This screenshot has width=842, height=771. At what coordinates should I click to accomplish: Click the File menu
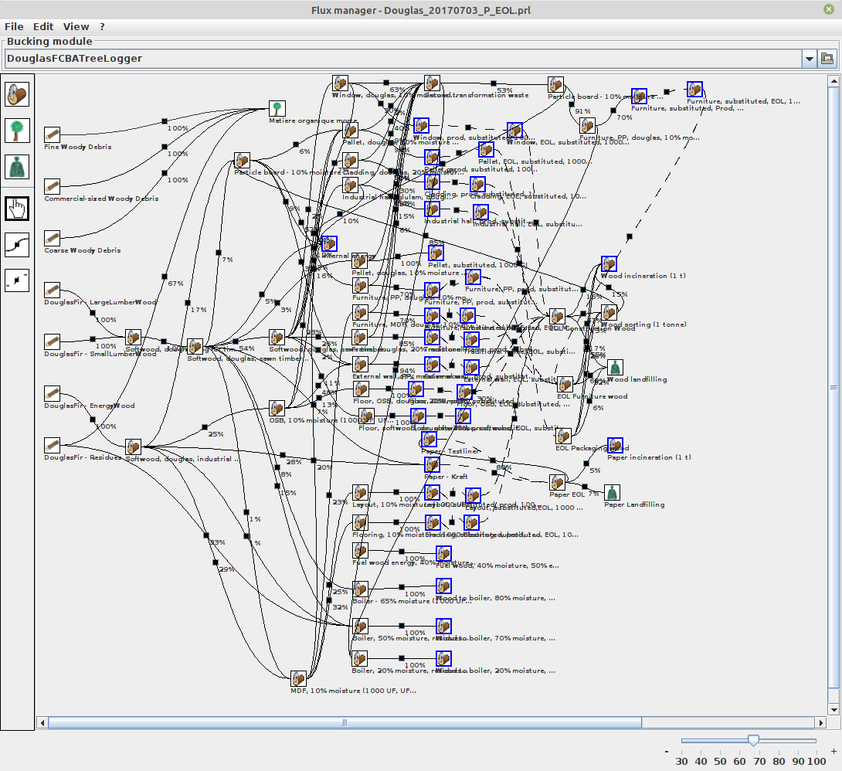click(14, 26)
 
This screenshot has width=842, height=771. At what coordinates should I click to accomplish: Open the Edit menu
click(43, 26)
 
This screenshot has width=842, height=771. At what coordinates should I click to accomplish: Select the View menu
click(76, 26)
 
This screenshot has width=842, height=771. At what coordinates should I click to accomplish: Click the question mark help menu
click(102, 26)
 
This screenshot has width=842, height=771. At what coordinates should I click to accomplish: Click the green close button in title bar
click(828, 8)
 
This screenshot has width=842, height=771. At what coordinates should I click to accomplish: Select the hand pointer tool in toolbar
click(17, 208)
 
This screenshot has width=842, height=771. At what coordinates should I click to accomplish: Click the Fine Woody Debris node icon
click(53, 134)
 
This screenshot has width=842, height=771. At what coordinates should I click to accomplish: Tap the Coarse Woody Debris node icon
click(53, 238)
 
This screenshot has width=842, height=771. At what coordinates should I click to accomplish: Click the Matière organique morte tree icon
click(277, 108)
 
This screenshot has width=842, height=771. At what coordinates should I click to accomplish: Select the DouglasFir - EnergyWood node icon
click(53, 393)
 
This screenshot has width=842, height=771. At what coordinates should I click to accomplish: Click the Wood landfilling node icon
click(615, 367)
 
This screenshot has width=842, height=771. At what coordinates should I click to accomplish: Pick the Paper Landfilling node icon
click(613, 492)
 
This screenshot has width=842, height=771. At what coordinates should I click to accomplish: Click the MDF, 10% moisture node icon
click(298, 678)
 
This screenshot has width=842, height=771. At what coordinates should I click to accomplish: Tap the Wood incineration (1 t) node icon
click(609, 263)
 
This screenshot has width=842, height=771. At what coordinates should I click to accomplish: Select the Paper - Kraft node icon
click(432, 465)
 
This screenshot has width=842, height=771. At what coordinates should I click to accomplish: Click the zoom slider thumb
click(753, 740)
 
